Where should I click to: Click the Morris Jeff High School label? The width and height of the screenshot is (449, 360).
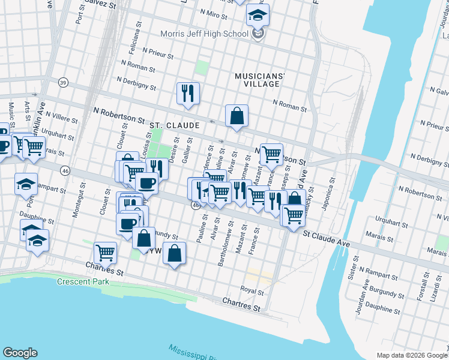pos(208,34)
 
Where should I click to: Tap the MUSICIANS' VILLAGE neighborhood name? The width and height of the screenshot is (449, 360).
pos(259,80)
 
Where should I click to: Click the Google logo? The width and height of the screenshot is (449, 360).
pos(20,353)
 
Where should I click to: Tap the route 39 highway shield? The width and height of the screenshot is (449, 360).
pos(62,82)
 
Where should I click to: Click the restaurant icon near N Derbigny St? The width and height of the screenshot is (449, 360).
pos(188,94)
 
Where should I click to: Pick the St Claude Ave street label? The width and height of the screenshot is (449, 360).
pos(326,239)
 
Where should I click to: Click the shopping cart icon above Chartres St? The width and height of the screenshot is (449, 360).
pos(106,253)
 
